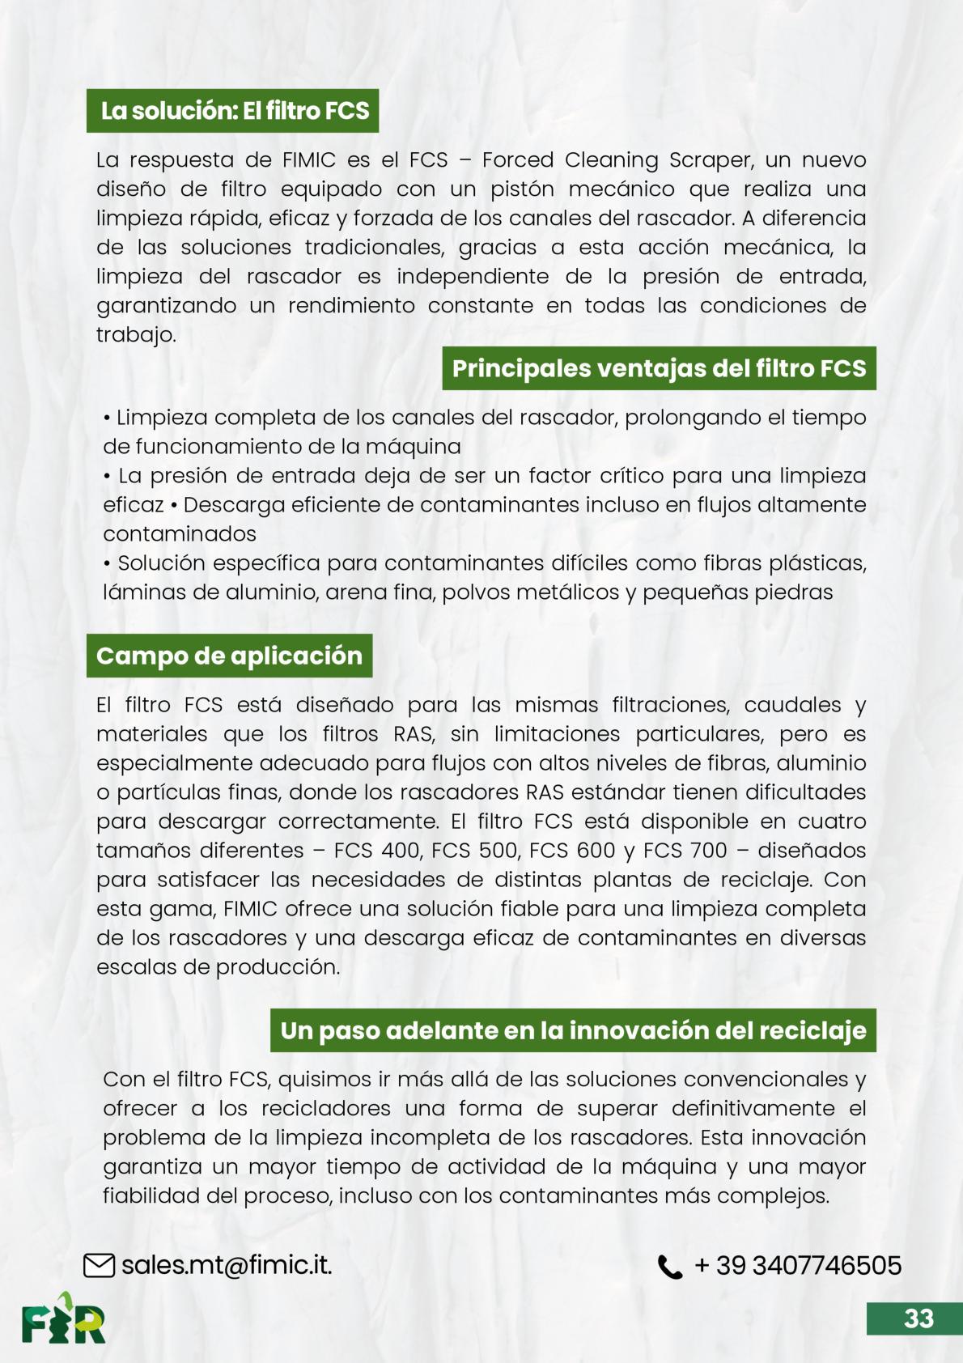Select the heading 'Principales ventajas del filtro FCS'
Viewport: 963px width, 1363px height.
tap(659, 368)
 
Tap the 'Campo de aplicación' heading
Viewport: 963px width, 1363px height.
tap(229, 656)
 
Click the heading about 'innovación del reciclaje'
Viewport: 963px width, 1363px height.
tap(573, 1030)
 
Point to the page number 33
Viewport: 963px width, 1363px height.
tap(918, 1318)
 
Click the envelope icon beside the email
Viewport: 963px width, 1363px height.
tap(99, 1265)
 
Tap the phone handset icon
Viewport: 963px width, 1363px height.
tap(669, 1267)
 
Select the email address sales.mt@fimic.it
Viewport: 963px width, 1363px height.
tap(227, 1265)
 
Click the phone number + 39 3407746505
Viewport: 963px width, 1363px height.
tap(798, 1265)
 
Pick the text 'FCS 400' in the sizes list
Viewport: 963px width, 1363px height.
tap(376, 851)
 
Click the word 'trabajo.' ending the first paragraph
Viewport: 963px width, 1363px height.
tap(136, 335)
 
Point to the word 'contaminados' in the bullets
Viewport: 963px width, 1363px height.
tap(180, 534)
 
